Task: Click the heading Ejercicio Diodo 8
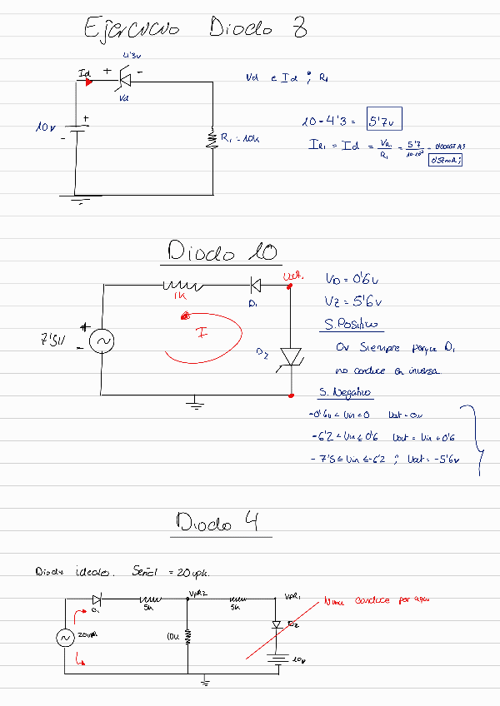(x=196, y=29)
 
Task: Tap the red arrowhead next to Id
(x=89, y=82)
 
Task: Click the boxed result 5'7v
(x=385, y=122)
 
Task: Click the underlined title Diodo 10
(x=222, y=252)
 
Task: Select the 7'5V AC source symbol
(x=107, y=341)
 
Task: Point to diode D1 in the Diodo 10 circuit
(x=255, y=286)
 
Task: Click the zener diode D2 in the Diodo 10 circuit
(x=291, y=355)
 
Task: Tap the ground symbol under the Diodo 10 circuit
(x=194, y=404)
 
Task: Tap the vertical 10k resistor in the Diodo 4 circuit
(x=187, y=636)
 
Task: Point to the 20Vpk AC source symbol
(x=65, y=637)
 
